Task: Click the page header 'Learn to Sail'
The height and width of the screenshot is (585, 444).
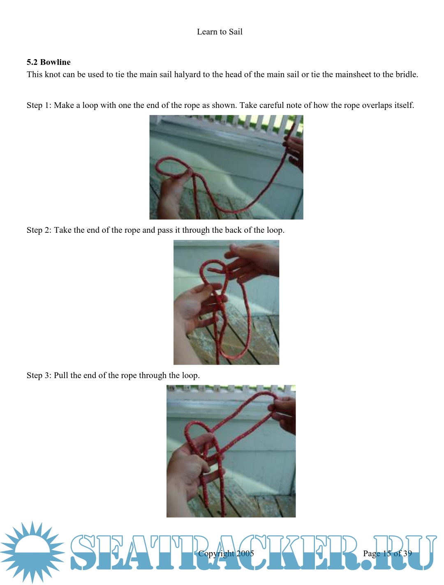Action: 220,32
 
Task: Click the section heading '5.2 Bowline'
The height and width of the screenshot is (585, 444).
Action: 49,62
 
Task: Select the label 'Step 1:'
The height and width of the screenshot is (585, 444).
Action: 39,105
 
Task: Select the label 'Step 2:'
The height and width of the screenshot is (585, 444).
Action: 39,230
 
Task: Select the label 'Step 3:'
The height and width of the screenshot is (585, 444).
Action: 39,375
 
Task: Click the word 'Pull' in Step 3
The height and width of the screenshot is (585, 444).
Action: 60,375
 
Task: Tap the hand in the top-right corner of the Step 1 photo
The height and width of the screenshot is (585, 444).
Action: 295,152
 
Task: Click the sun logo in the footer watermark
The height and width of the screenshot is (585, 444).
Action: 32,552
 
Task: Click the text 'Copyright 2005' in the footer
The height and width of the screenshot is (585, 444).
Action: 226,553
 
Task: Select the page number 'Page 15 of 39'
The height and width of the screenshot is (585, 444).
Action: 387,553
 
